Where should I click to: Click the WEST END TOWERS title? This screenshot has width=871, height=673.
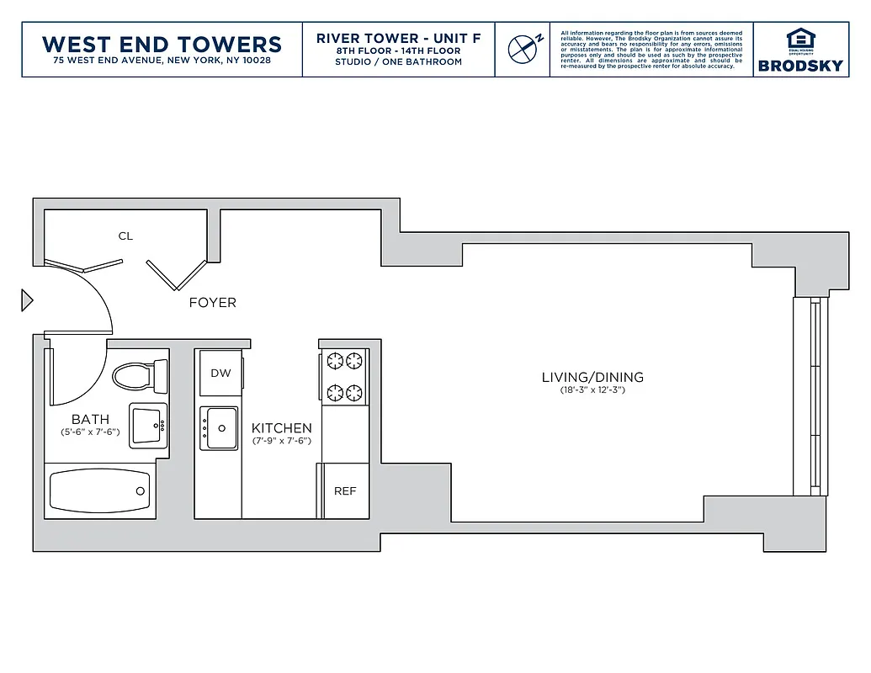[x=162, y=44]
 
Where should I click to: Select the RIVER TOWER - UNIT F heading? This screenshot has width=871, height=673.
[x=398, y=39]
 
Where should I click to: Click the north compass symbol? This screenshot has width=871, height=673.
[x=523, y=49]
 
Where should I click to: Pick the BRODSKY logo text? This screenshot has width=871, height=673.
[x=799, y=66]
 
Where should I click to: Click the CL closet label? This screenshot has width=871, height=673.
[x=125, y=236]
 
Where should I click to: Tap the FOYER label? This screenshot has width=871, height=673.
[x=212, y=303]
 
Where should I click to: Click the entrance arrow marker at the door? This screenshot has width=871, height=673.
[x=27, y=300]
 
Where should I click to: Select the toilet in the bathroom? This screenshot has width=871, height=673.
[x=139, y=375]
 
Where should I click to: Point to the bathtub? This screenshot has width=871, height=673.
[x=100, y=490]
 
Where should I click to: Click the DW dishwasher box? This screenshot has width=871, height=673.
[x=220, y=374]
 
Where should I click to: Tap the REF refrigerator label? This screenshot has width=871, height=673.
[x=345, y=491]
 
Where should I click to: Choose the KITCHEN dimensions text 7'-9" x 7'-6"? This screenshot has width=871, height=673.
[x=281, y=441]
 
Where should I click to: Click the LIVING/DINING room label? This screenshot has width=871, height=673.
[x=592, y=378]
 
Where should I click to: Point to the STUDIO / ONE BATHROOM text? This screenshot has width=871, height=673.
[x=398, y=61]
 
